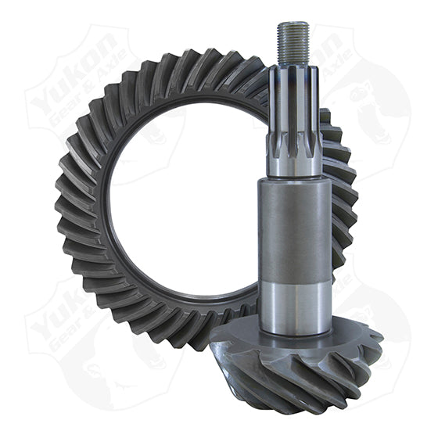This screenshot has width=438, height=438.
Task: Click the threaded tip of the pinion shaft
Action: click(x=293, y=43)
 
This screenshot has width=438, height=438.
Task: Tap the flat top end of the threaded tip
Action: click(x=293, y=23)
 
